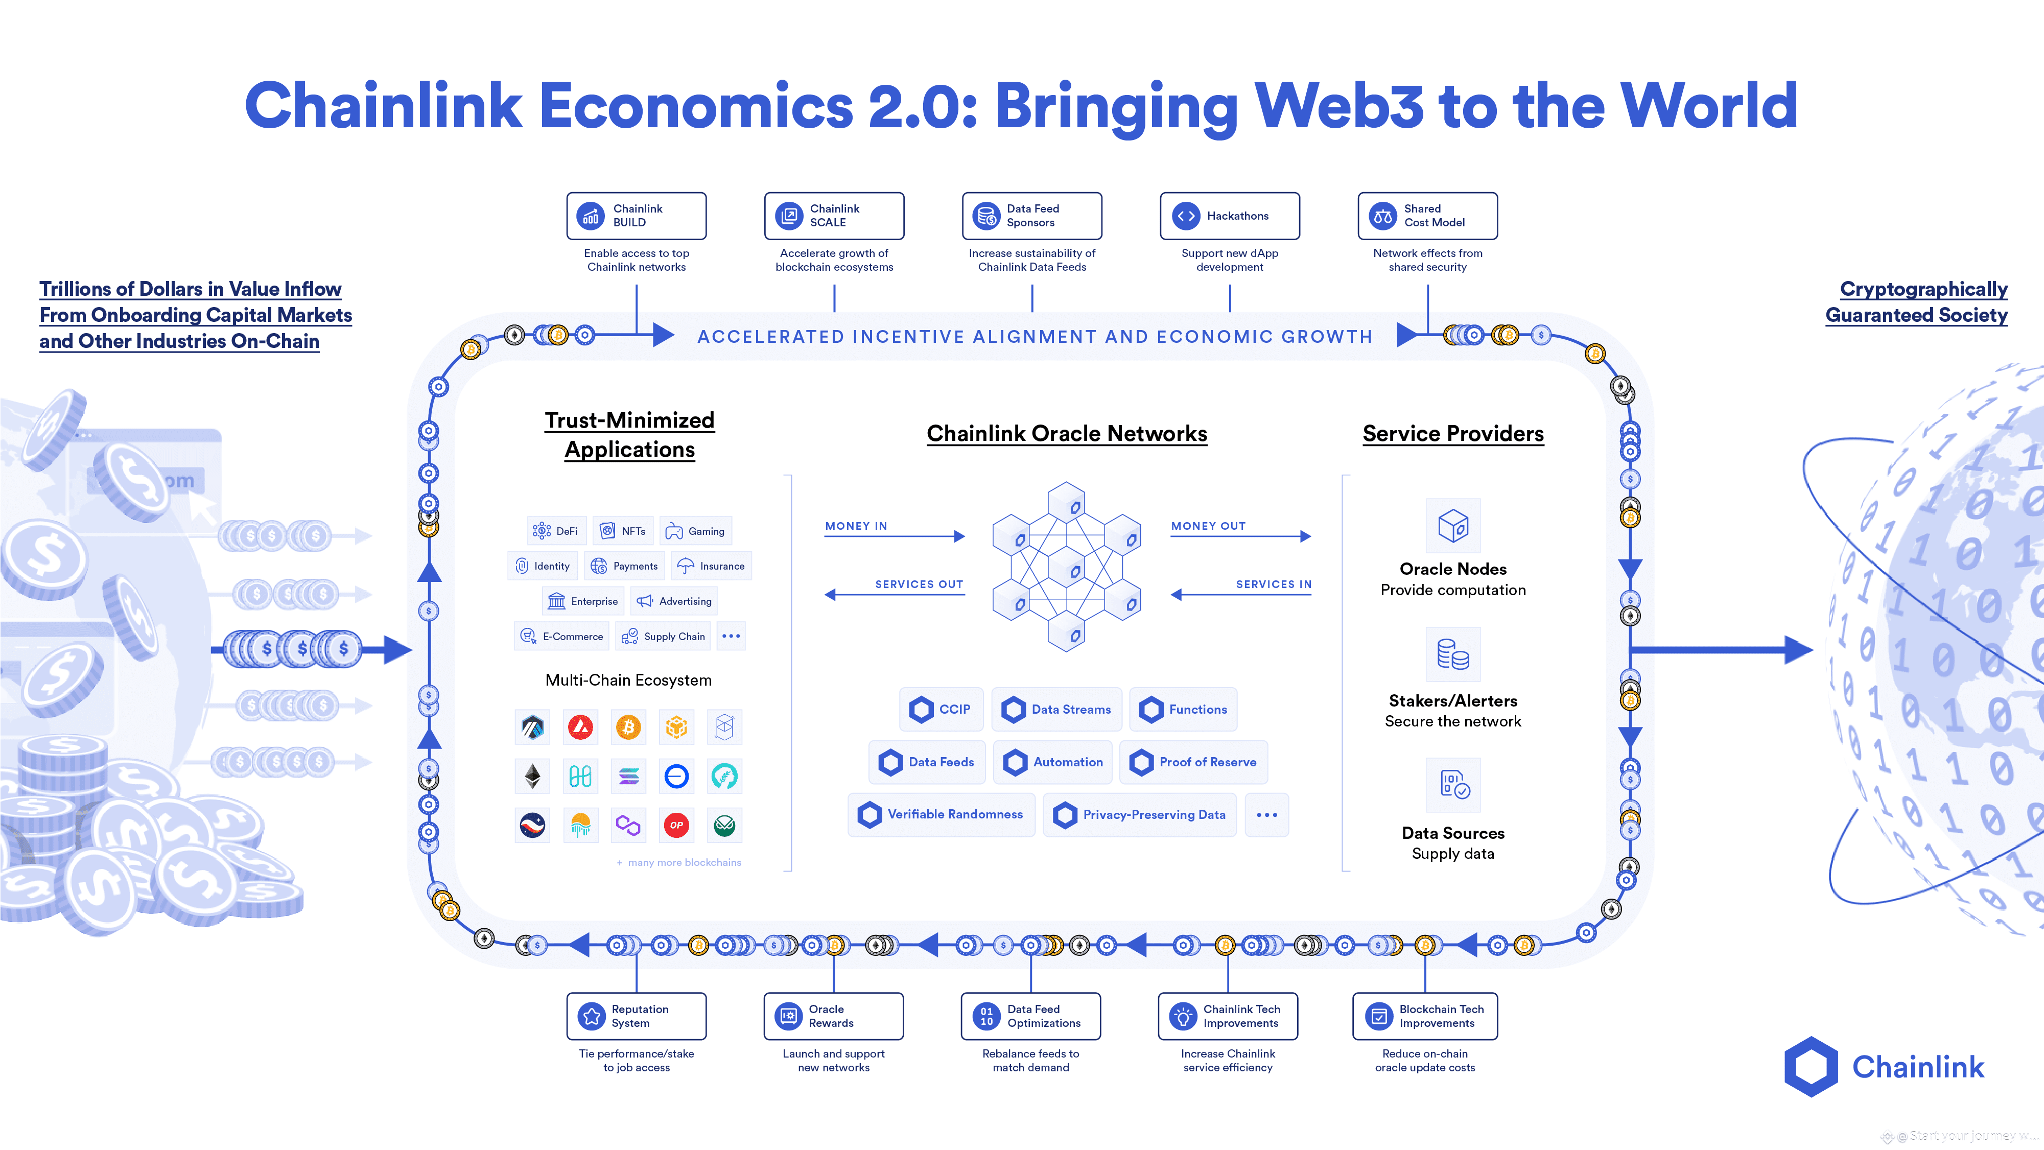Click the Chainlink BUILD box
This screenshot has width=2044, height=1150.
637,216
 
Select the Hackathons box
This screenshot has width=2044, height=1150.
1229,216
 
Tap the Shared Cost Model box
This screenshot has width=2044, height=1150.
1427,216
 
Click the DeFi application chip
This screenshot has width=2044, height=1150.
555,531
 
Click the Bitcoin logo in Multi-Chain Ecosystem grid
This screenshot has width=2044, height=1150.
628,727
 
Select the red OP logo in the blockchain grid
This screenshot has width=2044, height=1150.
676,826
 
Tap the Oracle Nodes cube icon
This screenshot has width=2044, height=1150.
1453,525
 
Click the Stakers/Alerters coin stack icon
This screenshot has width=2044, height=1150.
1453,655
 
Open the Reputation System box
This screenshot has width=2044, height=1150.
637,1016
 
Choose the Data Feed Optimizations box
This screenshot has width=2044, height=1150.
1031,1016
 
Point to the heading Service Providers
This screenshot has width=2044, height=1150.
1453,433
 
